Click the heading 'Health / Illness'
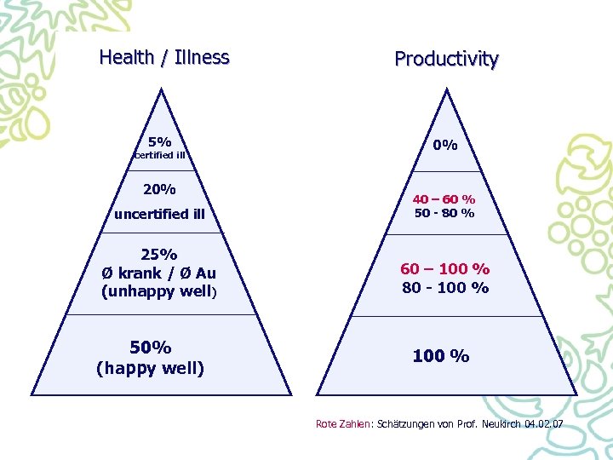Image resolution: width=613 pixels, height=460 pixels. click(164, 58)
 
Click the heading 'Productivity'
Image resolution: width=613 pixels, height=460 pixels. click(446, 60)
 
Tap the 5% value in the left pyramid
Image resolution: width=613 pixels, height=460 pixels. click(159, 141)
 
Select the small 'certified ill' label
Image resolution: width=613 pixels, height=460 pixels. click(159, 155)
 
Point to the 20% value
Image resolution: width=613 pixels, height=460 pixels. click(159, 188)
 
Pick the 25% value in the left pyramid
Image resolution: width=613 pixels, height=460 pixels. click(159, 254)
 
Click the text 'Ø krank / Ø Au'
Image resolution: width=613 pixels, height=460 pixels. click(158, 273)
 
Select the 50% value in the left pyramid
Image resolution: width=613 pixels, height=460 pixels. click(151, 347)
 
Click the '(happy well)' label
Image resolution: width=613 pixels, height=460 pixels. click(151, 368)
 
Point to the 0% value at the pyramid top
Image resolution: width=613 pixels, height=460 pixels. click(444, 145)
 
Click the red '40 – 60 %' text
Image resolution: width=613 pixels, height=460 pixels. click(444, 198)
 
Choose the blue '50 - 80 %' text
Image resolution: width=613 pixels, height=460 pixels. click(444, 213)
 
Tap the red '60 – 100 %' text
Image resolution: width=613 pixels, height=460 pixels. click(445, 269)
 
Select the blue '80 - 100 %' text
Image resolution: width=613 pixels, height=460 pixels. click(445, 288)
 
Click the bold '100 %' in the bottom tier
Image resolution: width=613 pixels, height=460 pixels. click(441, 356)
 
